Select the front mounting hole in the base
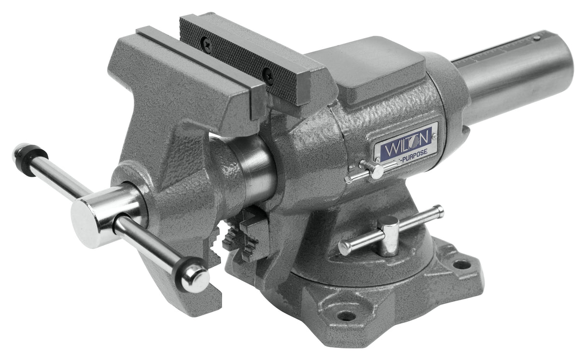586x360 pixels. (x=346, y=316)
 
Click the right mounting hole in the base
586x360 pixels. (x=461, y=264)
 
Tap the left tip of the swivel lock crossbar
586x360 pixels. (x=344, y=248)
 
